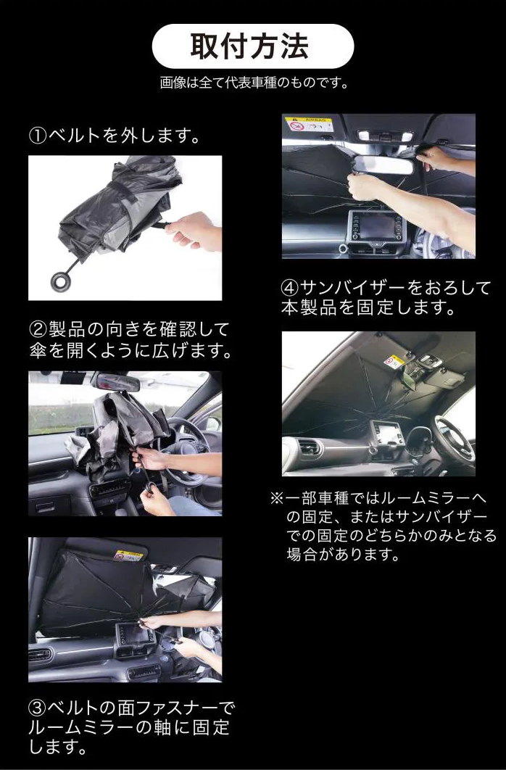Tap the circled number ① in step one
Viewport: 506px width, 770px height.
(x=38, y=136)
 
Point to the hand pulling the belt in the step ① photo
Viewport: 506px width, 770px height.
(x=194, y=231)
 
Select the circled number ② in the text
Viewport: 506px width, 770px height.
(x=38, y=330)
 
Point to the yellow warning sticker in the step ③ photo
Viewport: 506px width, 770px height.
(x=129, y=556)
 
